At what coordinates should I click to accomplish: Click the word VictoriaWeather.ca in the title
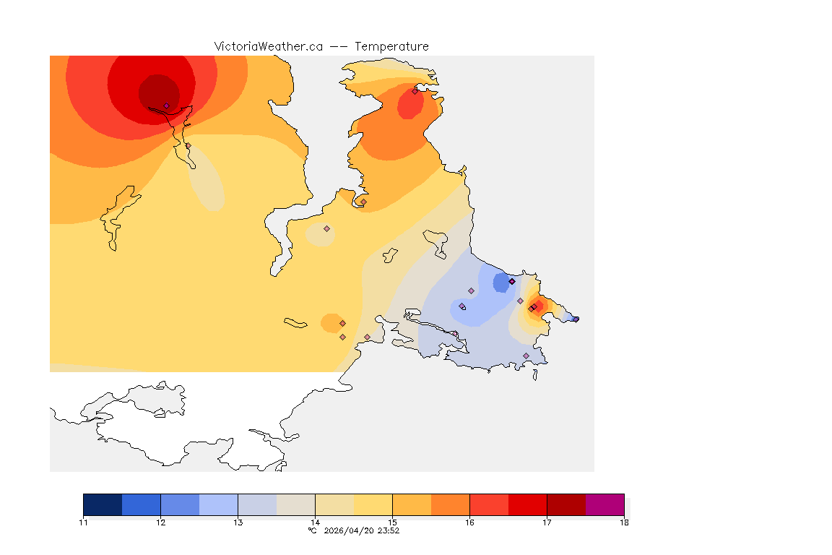point(268,46)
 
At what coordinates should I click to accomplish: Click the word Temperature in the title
point(391,46)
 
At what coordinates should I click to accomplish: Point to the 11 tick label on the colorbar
point(83,522)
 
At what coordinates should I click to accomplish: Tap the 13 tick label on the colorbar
point(238,522)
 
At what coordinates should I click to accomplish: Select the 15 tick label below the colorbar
point(392,522)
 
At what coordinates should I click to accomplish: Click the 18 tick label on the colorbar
point(623,522)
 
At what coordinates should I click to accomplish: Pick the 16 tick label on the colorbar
point(469,522)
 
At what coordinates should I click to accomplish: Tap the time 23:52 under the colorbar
point(387,530)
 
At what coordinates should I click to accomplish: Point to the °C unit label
point(312,530)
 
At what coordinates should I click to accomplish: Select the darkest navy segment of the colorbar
point(103,504)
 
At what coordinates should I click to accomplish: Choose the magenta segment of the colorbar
point(604,504)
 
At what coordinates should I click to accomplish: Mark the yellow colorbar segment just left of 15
point(373,504)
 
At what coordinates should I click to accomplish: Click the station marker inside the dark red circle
point(166,106)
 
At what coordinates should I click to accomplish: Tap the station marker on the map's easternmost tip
point(576,319)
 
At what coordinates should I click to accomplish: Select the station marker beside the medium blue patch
point(512,281)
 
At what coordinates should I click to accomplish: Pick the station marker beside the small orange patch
point(342,323)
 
